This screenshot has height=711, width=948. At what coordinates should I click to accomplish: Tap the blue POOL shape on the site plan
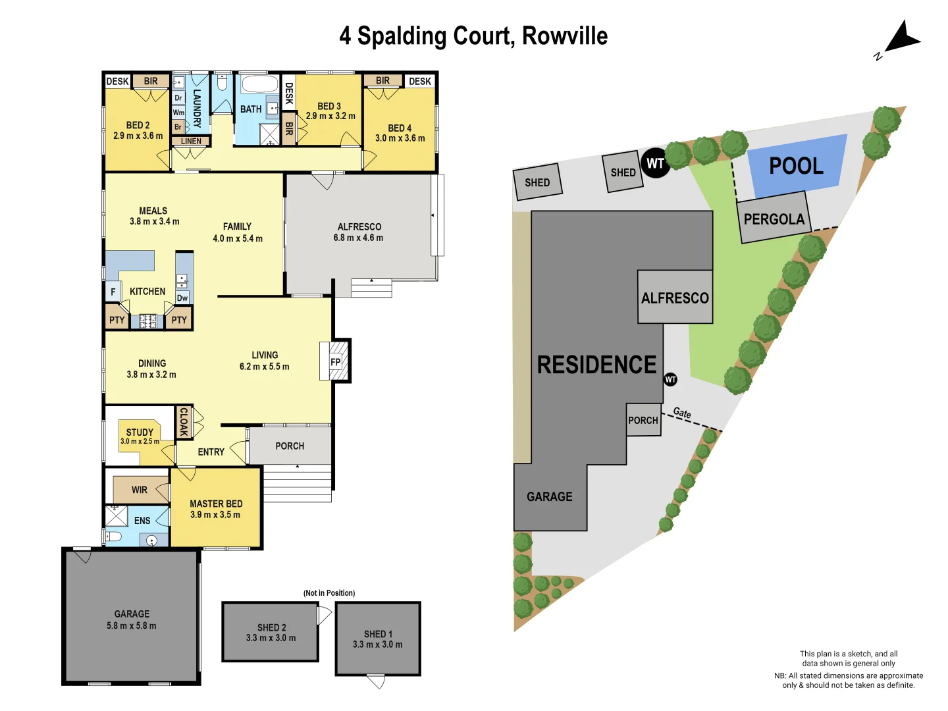tap(796, 166)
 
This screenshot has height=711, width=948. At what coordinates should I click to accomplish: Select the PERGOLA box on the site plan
tap(774, 219)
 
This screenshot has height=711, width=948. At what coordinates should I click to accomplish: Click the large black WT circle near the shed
tap(655, 163)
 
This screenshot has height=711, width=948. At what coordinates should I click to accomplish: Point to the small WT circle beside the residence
tap(670, 379)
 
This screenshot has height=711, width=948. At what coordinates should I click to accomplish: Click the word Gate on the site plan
tap(682, 413)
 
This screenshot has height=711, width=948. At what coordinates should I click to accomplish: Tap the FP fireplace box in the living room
tap(336, 361)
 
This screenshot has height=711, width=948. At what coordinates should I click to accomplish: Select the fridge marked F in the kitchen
tap(113, 292)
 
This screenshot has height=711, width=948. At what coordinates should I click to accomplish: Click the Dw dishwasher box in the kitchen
tap(182, 298)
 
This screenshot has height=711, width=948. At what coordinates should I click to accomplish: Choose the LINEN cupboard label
tap(191, 141)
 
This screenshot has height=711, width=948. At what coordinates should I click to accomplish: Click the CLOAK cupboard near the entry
tap(184, 421)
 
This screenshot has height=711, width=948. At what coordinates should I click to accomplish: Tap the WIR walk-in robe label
tap(140, 490)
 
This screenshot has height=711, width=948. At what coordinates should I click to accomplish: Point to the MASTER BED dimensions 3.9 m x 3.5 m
tap(215, 515)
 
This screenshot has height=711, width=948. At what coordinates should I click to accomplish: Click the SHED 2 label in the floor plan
tap(271, 627)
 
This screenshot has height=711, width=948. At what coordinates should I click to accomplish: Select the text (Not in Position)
tap(329, 593)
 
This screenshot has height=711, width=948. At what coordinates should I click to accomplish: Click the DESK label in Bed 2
tap(117, 81)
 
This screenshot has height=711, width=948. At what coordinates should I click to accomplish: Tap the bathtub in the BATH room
tap(259, 85)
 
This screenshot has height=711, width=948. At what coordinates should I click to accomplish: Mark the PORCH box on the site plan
tap(643, 420)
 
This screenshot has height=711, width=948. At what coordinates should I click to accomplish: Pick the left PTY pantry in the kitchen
tap(117, 320)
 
